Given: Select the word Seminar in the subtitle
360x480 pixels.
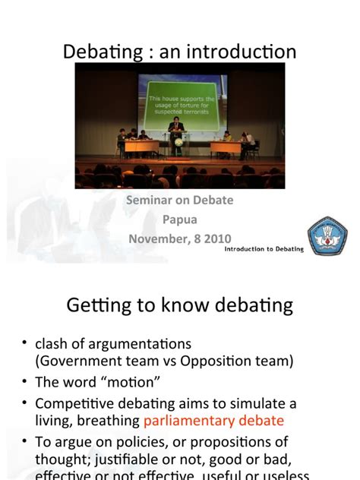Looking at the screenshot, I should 150,200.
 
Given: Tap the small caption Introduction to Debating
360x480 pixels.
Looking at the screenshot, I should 264,248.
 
